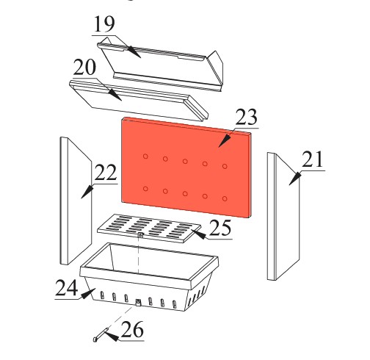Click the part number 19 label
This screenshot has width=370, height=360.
click(104, 24)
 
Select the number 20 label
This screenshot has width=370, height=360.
click(84, 68)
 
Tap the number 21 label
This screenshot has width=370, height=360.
click(313, 159)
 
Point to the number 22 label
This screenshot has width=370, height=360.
click(106, 173)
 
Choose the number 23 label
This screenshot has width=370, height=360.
click(247, 117)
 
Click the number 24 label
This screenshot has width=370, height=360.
click(67, 287)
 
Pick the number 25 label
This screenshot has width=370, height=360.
click(220, 228)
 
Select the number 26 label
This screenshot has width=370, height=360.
click(132, 329)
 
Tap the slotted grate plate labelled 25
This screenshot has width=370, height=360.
click(149, 228)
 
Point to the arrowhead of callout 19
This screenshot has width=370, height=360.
click(134, 51)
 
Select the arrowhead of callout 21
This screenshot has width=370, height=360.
click(295, 179)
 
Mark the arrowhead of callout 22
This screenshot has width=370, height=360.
click(87, 192)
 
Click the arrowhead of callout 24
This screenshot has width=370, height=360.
click(88, 294)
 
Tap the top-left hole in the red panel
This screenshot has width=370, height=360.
click(145, 156)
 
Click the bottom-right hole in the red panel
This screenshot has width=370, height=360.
click(225, 198)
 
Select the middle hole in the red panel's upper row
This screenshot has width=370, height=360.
click(185, 161)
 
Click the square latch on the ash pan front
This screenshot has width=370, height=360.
click(138, 303)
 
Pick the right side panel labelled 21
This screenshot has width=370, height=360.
click(283, 217)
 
